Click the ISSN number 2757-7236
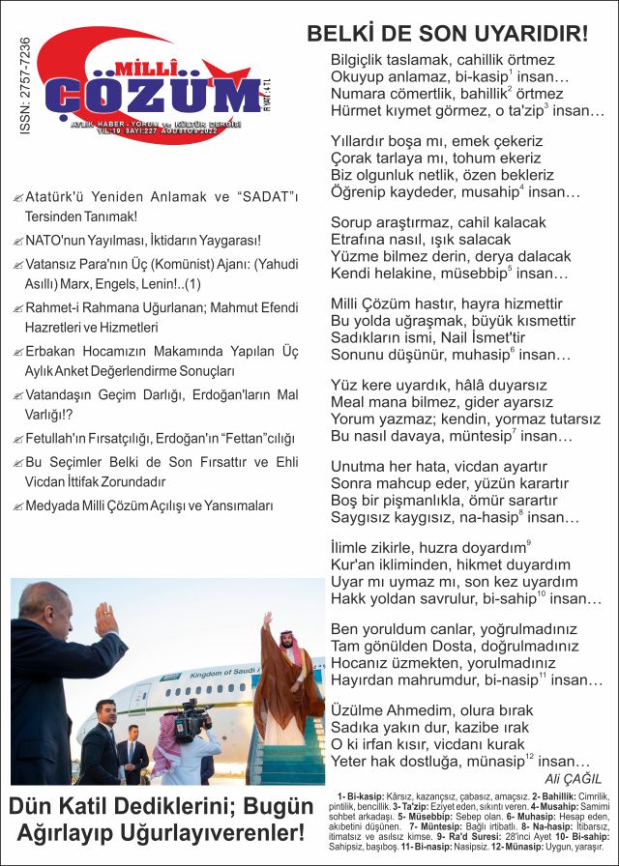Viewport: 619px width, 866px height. pyautogui.click(x=24, y=86)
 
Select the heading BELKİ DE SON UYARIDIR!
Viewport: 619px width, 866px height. pyautogui.click(x=447, y=34)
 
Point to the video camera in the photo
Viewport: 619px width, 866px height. pyautogui.click(x=192, y=721)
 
